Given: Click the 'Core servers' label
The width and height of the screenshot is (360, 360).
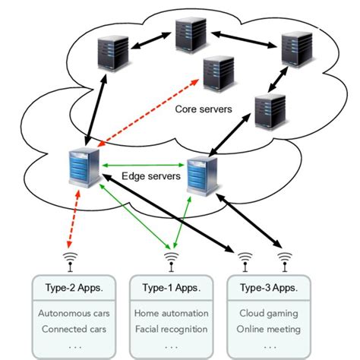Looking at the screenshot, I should click(204, 109).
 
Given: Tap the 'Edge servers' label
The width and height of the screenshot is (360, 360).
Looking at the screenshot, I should click(151, 176).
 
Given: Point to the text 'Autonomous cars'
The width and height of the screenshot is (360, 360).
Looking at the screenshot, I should click(68, 313).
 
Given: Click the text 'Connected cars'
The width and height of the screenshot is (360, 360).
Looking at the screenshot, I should click(68, 329).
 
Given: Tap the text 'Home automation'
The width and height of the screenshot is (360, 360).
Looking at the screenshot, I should click(169, 313).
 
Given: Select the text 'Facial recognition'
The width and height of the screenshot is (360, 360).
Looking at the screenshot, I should click(169, 329).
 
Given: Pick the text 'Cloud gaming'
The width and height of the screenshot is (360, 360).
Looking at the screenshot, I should click(269, 313).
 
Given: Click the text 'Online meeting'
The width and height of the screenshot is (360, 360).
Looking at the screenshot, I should click(269, 329).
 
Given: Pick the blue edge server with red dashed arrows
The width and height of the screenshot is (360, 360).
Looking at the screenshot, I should click(81, 169).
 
